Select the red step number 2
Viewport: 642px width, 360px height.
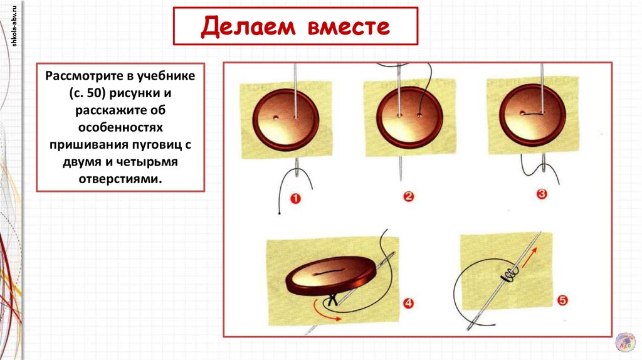click(409, 197)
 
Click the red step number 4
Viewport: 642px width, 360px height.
click(408, 304)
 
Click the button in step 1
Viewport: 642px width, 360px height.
click(285, 118)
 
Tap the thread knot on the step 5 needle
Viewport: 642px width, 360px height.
click(508, 274)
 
